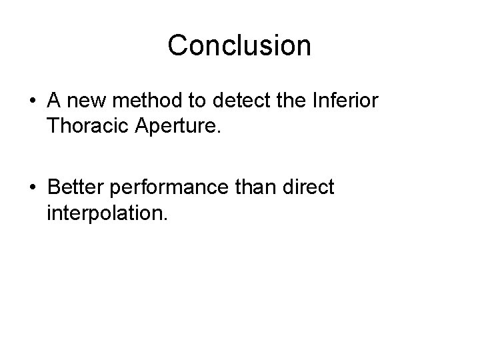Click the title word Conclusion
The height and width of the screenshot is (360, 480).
[239, 46]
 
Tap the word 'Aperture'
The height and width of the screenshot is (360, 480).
[178, 127]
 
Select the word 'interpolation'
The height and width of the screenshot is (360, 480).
[107, 214]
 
